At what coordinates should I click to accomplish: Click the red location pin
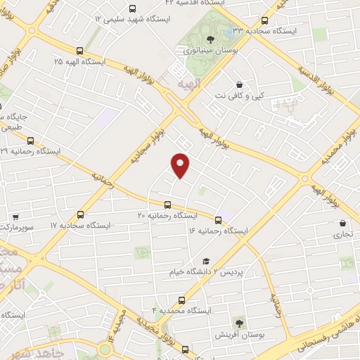[x=181, y=165]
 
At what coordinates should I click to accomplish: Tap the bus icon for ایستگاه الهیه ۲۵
[x=79, y=51]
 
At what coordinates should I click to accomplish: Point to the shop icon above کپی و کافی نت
[x=240, y=84]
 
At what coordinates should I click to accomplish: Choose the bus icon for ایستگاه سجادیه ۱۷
[x=80, y=215]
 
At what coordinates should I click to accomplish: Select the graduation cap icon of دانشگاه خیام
[x=206, y=261]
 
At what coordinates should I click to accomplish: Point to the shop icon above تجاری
[x=342, y=223]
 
